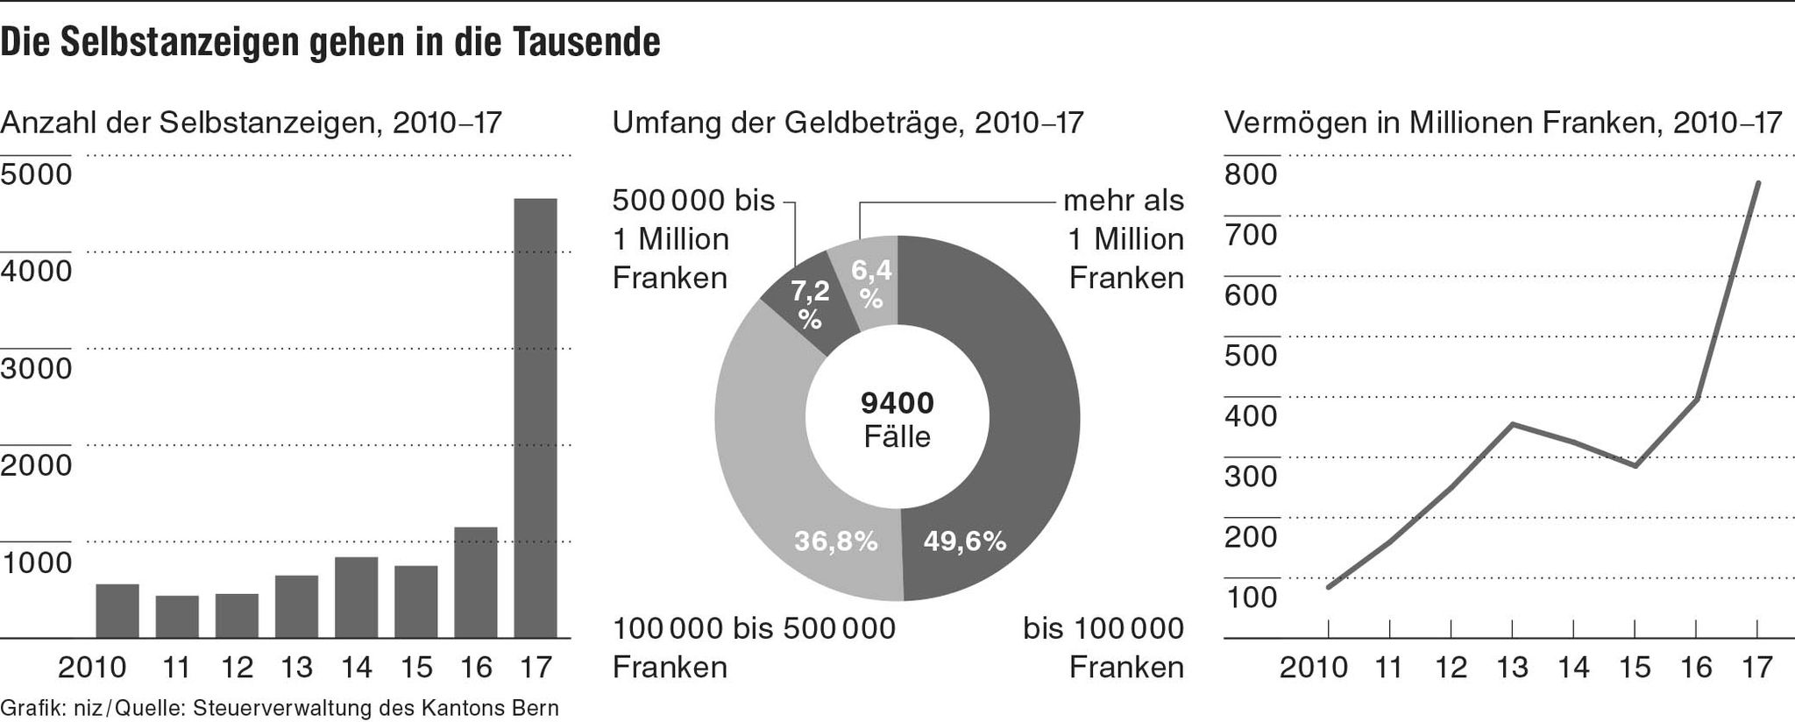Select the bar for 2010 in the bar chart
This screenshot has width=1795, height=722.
[117, 611]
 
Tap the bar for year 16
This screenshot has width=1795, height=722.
[476, 582]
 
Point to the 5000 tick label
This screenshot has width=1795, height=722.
[37, 174]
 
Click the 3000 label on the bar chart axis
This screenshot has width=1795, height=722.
[37, 368]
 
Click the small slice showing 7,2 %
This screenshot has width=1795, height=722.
[807, 302]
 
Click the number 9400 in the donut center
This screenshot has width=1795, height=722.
[897, 403]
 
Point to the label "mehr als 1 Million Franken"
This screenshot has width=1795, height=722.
[1125, 239]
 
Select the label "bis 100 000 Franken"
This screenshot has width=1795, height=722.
[1103, 648]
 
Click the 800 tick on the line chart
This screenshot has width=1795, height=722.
[1251, 174]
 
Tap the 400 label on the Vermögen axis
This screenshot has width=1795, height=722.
[1251, 415]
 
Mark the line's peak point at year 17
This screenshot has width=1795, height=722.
[1757, 183]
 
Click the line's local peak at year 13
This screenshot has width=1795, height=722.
[1513, 425]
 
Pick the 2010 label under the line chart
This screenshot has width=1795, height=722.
[1313, 668]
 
